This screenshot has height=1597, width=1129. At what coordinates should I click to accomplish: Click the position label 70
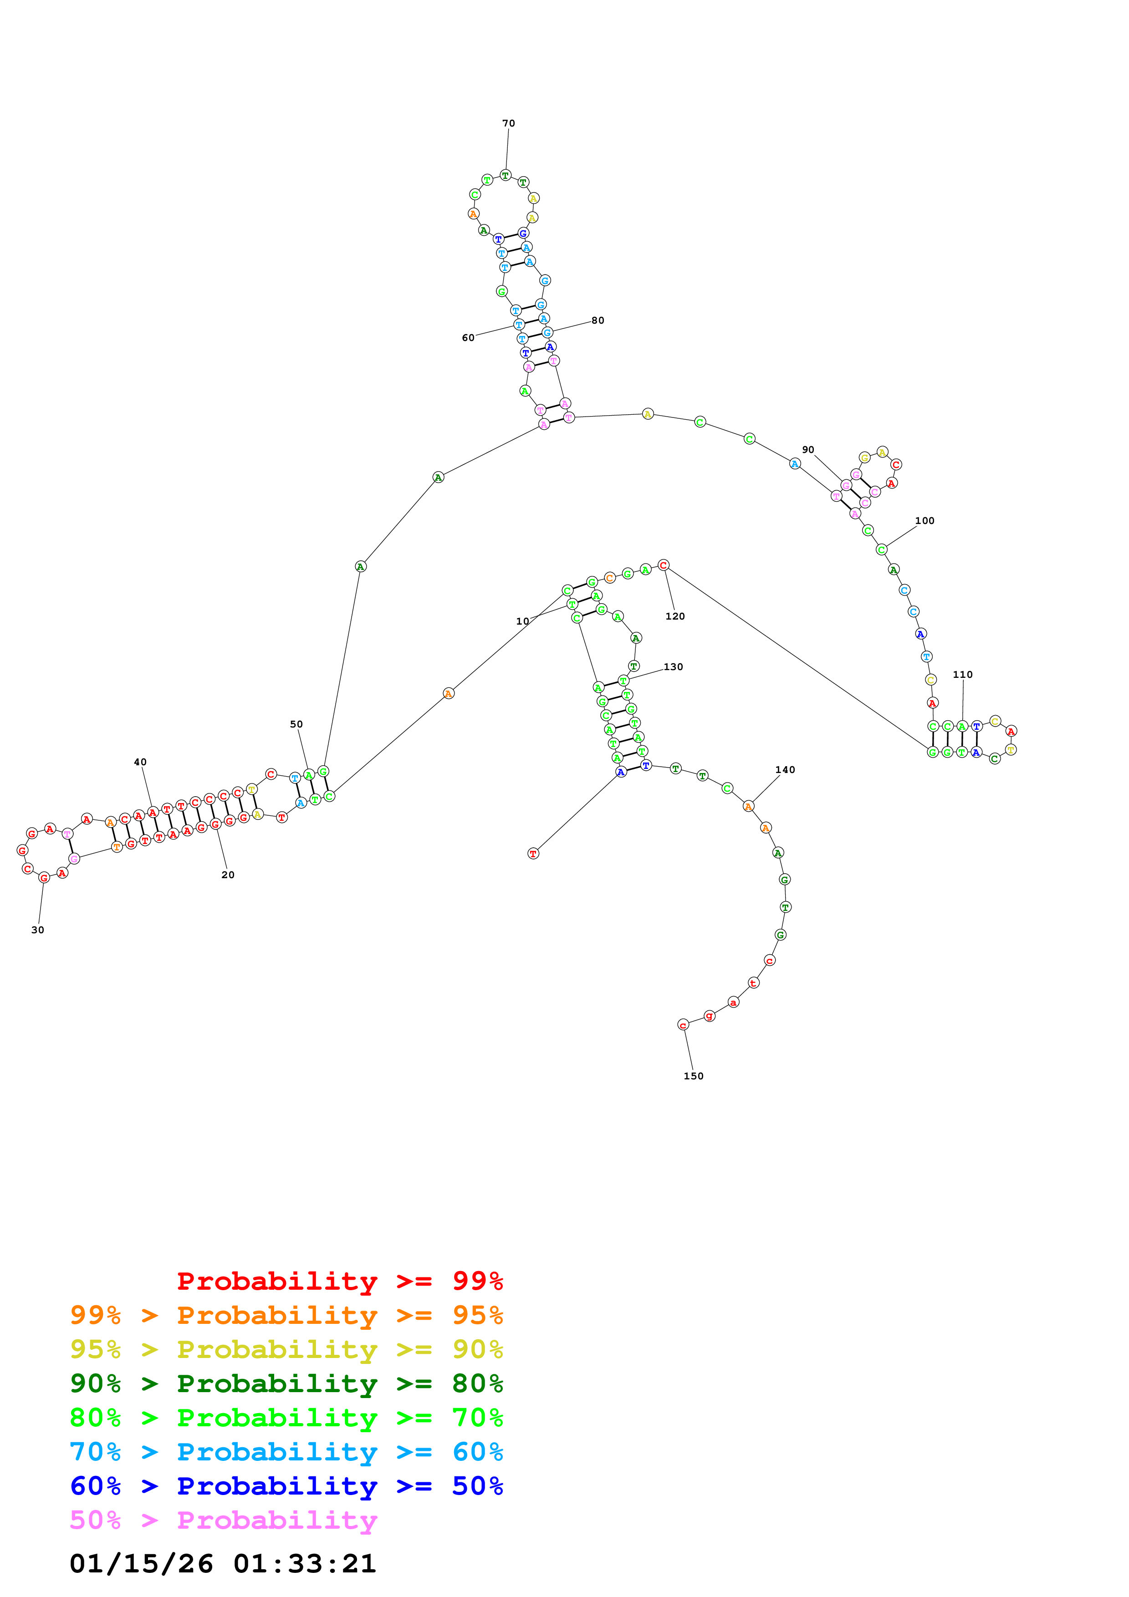pos(509,123)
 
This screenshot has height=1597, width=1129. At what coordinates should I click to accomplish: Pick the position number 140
pos(785,769)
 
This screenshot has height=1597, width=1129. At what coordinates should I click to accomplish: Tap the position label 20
pos(227,875)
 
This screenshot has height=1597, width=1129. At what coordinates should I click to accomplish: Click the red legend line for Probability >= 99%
pos(339,1281)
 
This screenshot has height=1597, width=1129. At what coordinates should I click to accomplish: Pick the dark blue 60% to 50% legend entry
pos(286,1486)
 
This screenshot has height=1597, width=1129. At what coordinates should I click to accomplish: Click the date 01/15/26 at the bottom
pos(141,1564)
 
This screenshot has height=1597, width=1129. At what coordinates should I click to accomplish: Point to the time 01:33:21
pos(305,1564)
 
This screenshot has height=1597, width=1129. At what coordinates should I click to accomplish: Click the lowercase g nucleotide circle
pos(709,1016)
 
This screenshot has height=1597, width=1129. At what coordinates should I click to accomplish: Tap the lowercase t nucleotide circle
pos(753,983)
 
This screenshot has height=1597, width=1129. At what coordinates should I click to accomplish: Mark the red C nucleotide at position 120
pos(663,565)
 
